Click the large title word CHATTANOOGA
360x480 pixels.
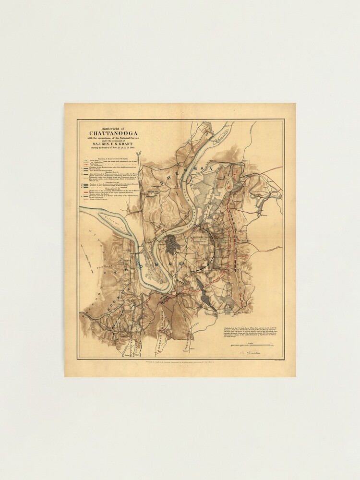pos(111,133)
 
